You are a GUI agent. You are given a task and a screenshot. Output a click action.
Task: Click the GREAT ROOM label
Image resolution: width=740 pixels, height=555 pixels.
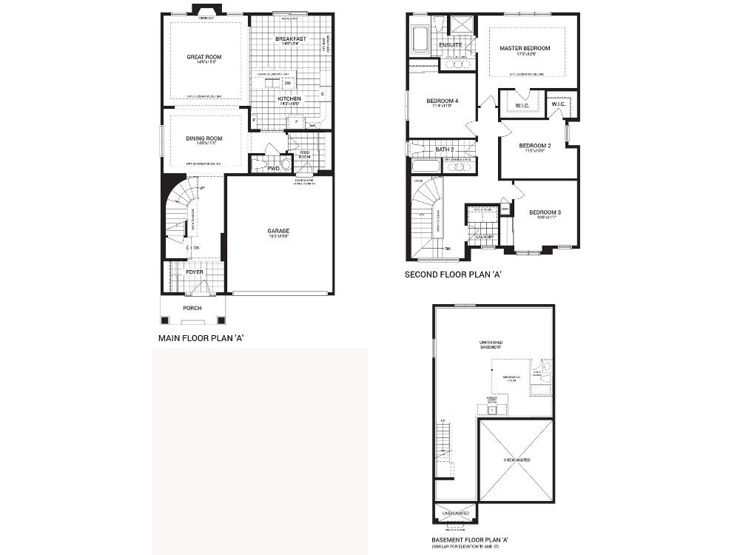pos(204,57)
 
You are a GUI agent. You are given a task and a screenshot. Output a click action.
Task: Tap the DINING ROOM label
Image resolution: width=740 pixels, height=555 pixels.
pos(204,138)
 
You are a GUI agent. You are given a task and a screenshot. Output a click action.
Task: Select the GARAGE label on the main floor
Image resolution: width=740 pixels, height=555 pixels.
pos(278,231)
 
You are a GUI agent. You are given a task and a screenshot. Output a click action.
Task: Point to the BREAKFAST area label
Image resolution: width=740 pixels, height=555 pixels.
pos(290,38)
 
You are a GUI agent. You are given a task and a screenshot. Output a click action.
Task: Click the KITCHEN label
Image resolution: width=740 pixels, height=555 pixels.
pos(289,98)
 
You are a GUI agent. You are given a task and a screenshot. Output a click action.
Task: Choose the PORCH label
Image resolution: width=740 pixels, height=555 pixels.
pos(192,308)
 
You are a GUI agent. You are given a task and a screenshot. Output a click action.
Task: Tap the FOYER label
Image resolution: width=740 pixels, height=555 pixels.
pos(194,272)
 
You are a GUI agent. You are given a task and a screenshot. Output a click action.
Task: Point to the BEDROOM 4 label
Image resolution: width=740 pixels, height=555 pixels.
pos(442,101)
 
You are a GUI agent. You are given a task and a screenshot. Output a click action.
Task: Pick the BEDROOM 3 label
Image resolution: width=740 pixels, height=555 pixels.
pos(545,213)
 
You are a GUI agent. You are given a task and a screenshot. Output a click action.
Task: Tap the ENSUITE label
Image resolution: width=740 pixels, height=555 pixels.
pos(450,44)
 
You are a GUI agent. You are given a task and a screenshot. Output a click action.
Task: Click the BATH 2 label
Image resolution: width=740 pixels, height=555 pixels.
pos(445,149)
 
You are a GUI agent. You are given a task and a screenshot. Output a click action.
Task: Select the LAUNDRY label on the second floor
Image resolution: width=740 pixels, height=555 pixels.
pos(485,237)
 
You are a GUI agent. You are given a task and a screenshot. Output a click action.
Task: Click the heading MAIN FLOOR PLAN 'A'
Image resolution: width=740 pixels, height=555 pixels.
pos(201,338)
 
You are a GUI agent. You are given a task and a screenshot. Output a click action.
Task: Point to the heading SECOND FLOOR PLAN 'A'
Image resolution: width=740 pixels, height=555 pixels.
pos(454,274)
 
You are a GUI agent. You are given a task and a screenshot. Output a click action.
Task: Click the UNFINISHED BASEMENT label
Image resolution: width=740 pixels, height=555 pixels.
pos(491,345)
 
